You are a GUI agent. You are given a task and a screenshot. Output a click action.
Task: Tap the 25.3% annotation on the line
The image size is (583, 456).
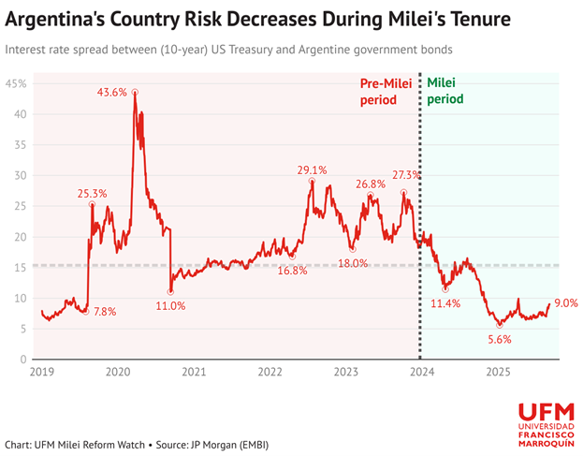[x=92, y=193]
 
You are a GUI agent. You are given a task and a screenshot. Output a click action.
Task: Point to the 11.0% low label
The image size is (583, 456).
[x=170, y=306]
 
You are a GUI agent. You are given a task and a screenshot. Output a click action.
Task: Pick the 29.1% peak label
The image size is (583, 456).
[x=313, y=170]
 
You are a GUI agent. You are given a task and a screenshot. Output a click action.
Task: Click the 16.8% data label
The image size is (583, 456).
[x=293, y=271]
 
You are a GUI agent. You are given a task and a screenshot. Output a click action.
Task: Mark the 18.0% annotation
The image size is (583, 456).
[x=352, y=264]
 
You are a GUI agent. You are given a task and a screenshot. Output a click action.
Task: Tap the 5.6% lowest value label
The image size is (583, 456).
[x=499, y=340]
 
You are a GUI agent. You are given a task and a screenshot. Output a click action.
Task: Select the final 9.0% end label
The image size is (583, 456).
[x=565, y=303]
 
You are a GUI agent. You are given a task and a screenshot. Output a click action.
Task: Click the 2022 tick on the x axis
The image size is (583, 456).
[x=270, y=372]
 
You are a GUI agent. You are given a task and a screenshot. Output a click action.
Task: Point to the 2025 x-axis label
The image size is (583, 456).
[x=499, y=372]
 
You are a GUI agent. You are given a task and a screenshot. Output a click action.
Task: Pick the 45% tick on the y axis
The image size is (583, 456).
[x=16, y=84]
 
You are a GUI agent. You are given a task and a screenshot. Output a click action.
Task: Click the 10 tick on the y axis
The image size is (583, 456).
[x=20, y=299]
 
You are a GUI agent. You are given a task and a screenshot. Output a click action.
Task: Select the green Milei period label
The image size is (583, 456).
[x=447, y=92]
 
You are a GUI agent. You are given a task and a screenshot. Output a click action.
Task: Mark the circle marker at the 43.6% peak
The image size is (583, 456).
[x=135, y=92]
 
